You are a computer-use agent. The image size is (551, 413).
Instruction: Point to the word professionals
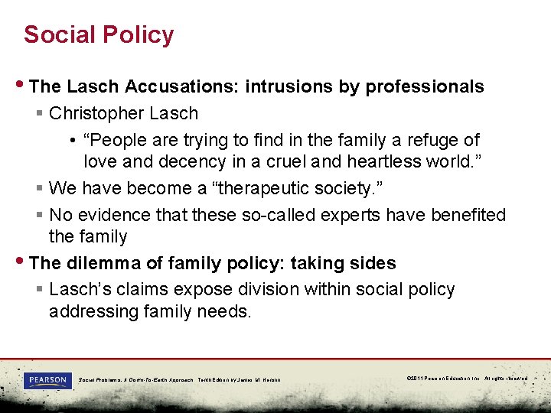point(425,86)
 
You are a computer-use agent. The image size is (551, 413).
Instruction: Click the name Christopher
point(93,113)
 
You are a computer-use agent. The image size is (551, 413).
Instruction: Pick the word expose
point(206,289)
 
